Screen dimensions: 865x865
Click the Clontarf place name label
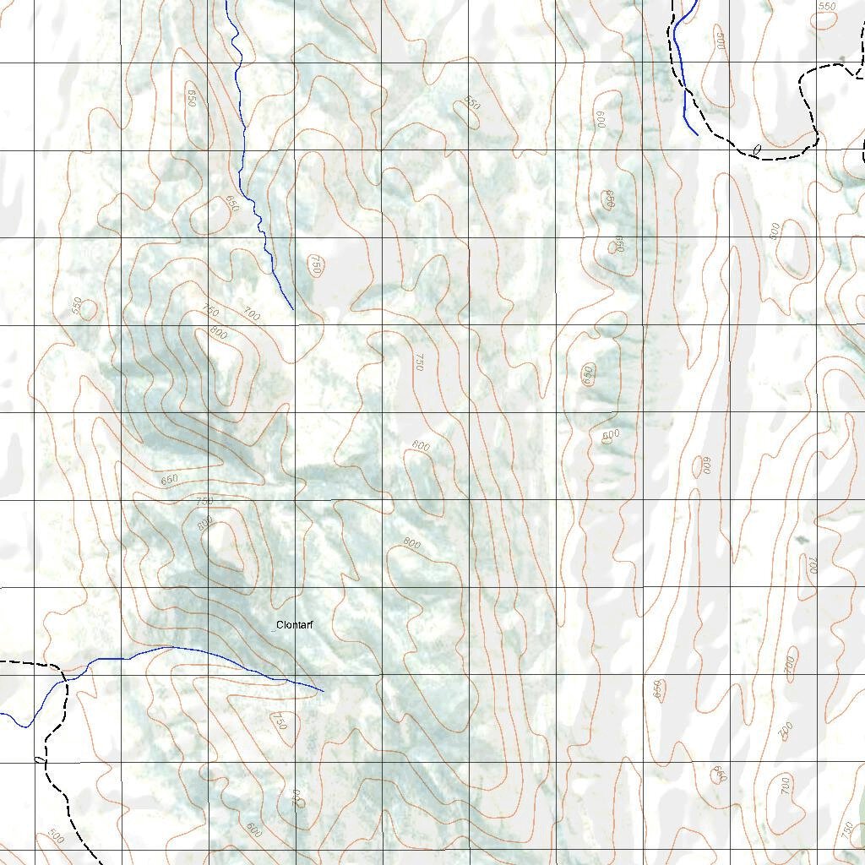click(295, 625)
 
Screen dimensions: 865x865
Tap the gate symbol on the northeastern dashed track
click(757, 150)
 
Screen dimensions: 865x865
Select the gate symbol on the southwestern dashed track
click(39, 760)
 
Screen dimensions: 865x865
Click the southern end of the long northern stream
click(293, 309)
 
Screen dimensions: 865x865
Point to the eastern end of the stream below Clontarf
click(324, 691)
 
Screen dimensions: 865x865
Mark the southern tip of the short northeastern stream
click(697, 134)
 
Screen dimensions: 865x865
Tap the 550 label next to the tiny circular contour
click(78, 306)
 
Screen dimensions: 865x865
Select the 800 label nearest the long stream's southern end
click(218, 332)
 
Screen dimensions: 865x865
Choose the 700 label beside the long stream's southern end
click(251, 315)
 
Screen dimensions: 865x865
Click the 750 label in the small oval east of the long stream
click(316, 265)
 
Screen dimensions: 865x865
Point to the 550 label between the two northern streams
click(471, 104)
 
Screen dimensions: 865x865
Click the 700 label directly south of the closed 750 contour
click(296, 797)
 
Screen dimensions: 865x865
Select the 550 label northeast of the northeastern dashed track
click(826, 7)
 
